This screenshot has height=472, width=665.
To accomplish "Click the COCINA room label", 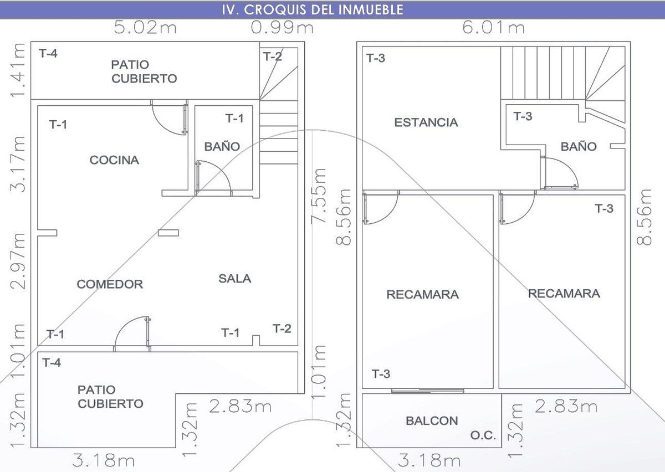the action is [x=114, y=160].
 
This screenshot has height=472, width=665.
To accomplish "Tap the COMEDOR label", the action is [x=110, y=284].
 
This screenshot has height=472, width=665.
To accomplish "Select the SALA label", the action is [x=235, y=279].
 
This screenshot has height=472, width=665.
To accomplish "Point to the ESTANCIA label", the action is [x=426, y=122].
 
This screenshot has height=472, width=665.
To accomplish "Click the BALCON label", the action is [x=432, y=420].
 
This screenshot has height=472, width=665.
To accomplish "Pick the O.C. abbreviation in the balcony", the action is [x=483, y=435].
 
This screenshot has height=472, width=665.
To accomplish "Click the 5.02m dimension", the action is [x=145, y=27].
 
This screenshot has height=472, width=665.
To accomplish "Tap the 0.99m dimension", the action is [x=282, y=27].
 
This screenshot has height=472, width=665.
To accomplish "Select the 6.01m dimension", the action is [x=493, y=27].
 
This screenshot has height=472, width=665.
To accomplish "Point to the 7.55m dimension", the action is [x=319, y=196].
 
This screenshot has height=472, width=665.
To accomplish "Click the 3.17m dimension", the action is [x=18, y=164].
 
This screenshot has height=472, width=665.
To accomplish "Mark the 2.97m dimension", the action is [x=18, y=261].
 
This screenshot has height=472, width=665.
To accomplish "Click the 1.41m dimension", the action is [x=17, y=70].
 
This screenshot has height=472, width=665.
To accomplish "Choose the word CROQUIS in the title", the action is [x=275, y=10].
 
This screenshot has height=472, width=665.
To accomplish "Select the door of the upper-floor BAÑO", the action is [x=559, y=173].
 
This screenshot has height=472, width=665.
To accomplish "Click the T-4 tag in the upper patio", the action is [x=48, y=53].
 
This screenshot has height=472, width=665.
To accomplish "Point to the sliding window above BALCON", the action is [x=427, y=391].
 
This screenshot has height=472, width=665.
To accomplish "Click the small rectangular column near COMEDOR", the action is [x=168, y=233].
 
